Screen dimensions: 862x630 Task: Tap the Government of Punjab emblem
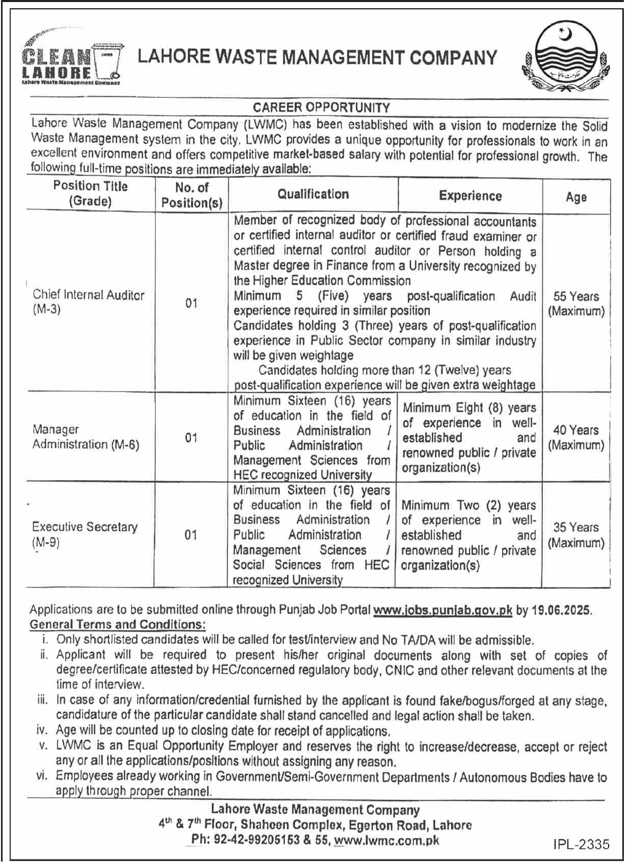click(x=565, y=59)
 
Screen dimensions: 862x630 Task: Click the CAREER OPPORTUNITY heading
click(x=322, y=107)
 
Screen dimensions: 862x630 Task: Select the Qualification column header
click(x=313, y=194)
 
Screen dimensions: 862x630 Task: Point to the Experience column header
click(x=470, y=196)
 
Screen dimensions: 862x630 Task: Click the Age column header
click(x=576, y=197)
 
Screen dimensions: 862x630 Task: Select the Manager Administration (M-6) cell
click(x=86, y=437)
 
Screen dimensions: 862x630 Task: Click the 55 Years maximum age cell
click(x=576, y=304)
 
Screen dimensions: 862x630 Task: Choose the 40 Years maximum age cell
click(x=576, y=437)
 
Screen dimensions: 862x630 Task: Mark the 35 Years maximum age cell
click(x=576, y=534)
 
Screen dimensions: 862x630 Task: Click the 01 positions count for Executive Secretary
click(x=191, y=534)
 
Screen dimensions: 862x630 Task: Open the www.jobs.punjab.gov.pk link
click(x=442, y=610)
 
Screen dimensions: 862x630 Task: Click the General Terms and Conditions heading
click(x=118, y=625)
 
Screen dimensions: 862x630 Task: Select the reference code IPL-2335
click(x=581, y=844)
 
